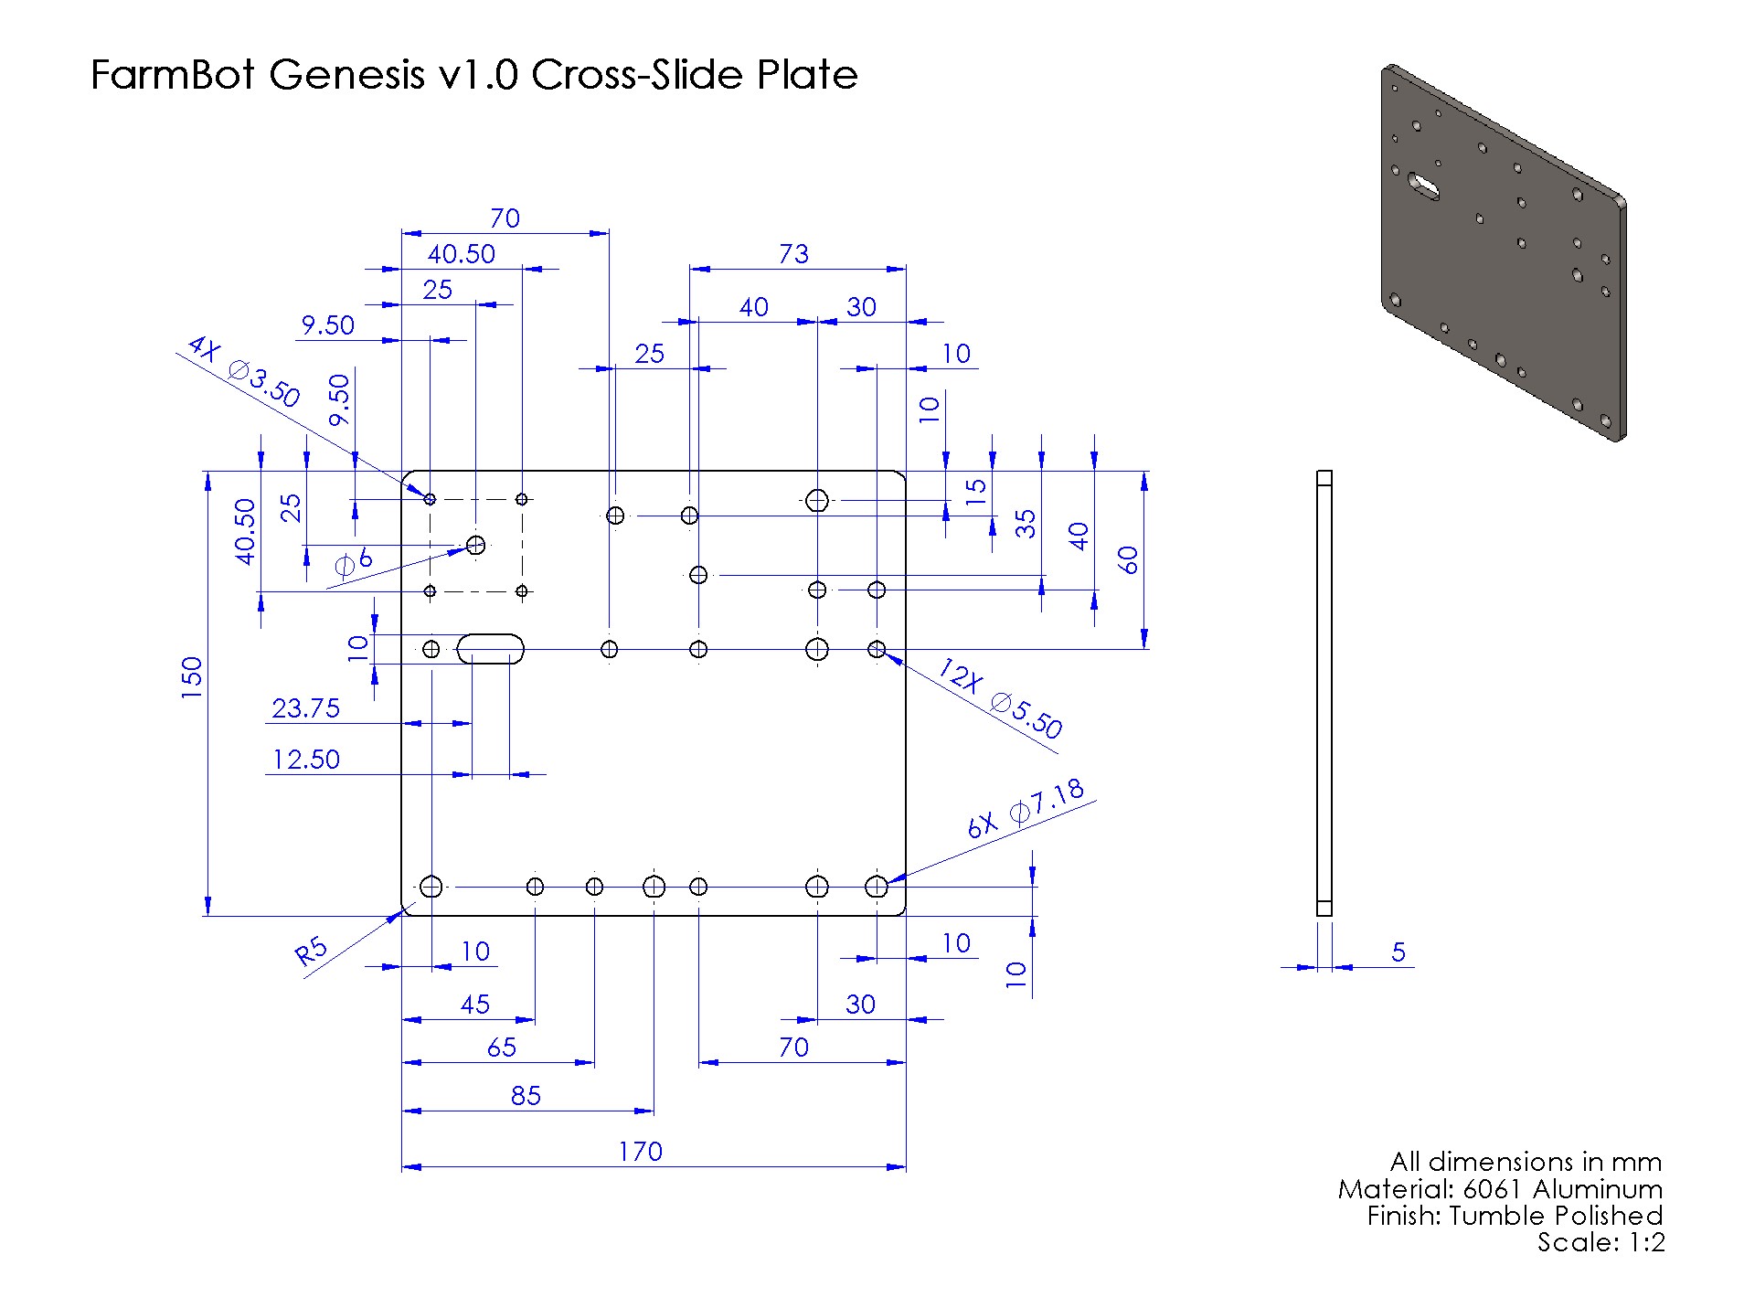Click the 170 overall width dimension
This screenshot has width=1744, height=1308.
[x=639, y=1151]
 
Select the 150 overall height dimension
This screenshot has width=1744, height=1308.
[x=191, y=677]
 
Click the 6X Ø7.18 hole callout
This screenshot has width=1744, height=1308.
[x=1026, y=808]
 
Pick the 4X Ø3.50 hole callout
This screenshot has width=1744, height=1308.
[x=243, y=371]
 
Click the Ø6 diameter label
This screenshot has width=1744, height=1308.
[x=354, y=561]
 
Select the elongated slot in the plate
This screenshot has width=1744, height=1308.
[x=491, y=648]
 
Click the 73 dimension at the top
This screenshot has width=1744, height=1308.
[x=793, y=254]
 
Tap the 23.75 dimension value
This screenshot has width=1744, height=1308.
[x=305, y=708]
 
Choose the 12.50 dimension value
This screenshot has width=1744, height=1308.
[x=305, y=760]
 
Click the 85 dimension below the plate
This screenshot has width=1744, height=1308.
[x=526, y=1095]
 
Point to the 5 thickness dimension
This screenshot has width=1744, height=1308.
[x=1398, y=952]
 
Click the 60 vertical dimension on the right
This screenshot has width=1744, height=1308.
[x=1130, y=559]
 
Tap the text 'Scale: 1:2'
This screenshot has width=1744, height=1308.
[x=1600, y=1242]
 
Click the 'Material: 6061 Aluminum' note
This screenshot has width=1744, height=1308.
[x=1499, y=1189]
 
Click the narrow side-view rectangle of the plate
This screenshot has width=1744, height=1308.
[x=1324, y=692]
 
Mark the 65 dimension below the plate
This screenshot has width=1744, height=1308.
[x=501, y=1047]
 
